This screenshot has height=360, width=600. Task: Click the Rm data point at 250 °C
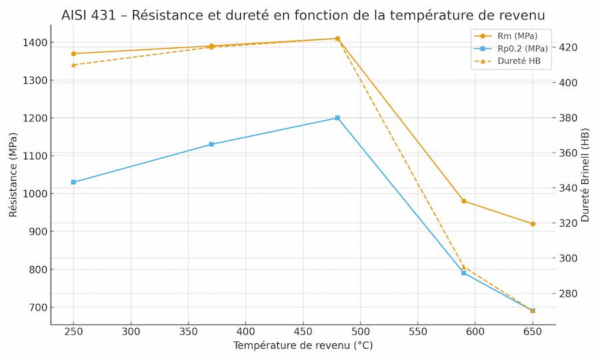tap(73, 53)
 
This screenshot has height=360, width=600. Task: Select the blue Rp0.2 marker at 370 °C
tap(211, 144)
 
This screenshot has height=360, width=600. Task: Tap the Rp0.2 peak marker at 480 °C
tap(337, 118)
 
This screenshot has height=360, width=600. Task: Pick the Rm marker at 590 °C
tap(464, 201)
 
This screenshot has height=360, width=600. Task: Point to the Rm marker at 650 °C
tap(533, 224)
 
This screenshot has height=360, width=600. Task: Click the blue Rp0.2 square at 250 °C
tap(73, 182)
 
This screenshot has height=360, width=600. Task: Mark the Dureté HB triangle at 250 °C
tap(73, 65)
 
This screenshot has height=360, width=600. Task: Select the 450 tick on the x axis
tap(303, 331)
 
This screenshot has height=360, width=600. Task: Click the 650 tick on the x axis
tap(533, 331)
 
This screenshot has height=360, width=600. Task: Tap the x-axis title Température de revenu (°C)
tap(303, 345)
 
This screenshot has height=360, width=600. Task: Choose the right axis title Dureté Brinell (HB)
tap(585, 175)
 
